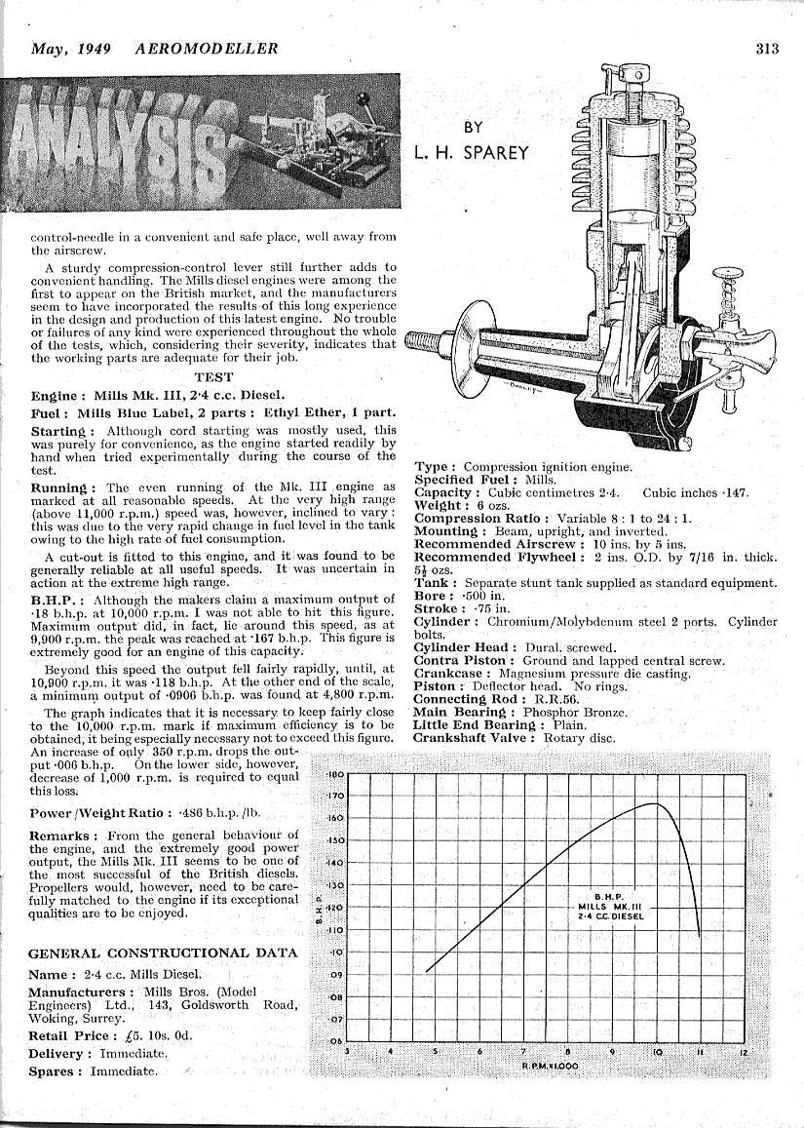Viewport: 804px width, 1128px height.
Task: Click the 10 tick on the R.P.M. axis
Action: pyautogui.click(x=658, y=1052)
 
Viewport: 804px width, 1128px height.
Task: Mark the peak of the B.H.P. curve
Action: pyautogui.click(x=655, y=804)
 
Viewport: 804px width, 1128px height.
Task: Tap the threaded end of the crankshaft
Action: pyautogui.click(x=421, y=342)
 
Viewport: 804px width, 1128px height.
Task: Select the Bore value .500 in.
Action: pyautogui.click(x=485, y=595)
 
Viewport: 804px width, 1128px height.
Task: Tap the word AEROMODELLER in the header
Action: pyautogui.click(x=207, y=49)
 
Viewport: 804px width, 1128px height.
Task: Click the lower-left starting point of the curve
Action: pyautogui.click(x=428, y=971)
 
